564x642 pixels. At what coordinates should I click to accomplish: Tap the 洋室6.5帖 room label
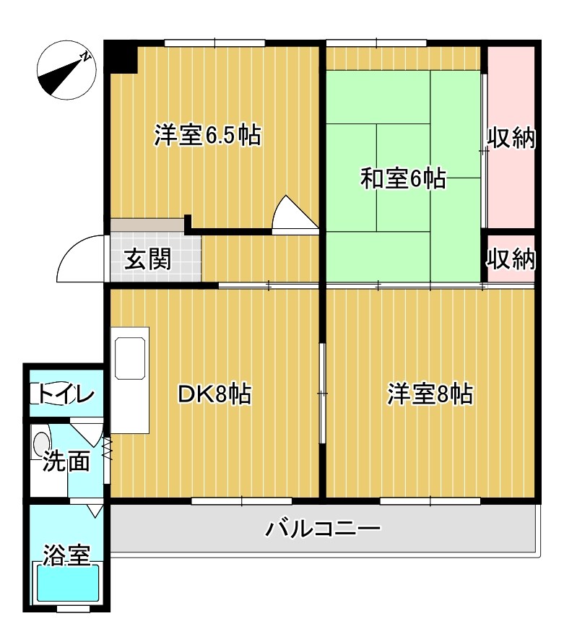(x=207, y=135)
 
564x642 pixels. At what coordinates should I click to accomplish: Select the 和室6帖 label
(x=402, y=178)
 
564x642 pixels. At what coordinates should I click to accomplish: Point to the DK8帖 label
(x=214, y=394)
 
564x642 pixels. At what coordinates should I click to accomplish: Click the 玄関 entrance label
(x=148, y=259)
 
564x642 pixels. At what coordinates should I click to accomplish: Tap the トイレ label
(x=66, y=394)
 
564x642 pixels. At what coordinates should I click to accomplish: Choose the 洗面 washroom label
(x=66, y=461)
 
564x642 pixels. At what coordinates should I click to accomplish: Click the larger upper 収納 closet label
(x=511, y=138)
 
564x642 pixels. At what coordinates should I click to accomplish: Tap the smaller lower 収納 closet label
(x=511, y=259)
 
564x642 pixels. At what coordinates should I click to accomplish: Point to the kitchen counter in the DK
(x=130, y=379)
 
